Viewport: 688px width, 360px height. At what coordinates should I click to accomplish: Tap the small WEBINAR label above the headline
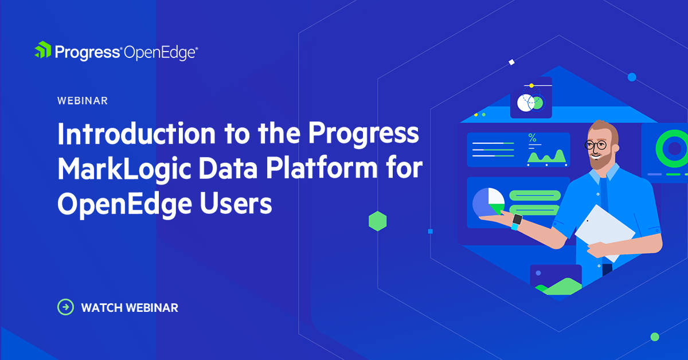point(83,101)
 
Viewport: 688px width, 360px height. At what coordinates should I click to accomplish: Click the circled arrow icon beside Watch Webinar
point(66,307)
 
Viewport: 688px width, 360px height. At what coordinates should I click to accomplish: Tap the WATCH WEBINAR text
point(130,308)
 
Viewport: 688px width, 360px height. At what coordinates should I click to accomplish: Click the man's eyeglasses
point(596,145)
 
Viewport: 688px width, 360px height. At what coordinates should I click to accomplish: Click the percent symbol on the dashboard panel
point(532,138)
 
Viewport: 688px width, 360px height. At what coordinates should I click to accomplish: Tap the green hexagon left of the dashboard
point(377,221)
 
